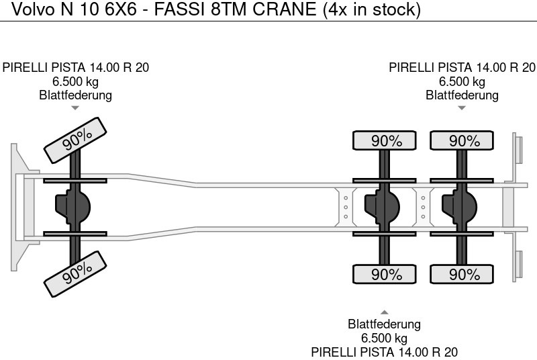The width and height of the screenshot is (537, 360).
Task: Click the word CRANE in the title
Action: [x=294, y=10]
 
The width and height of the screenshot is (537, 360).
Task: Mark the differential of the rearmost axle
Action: [x=458, y=206]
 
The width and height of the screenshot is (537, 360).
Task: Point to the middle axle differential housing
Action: [x=381, y=206]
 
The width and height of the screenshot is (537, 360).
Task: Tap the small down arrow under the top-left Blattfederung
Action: [x=75, y=107]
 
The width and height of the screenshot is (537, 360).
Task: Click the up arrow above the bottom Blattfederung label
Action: [x=385, y=312]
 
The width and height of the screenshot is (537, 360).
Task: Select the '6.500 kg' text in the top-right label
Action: [x=462, y=81]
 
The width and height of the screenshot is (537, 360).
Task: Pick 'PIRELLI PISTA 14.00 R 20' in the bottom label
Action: [x=385, y=352]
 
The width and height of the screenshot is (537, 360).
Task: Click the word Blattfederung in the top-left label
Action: [x=75, y=95]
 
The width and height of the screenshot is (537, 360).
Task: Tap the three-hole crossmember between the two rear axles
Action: [x=422, y=206]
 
